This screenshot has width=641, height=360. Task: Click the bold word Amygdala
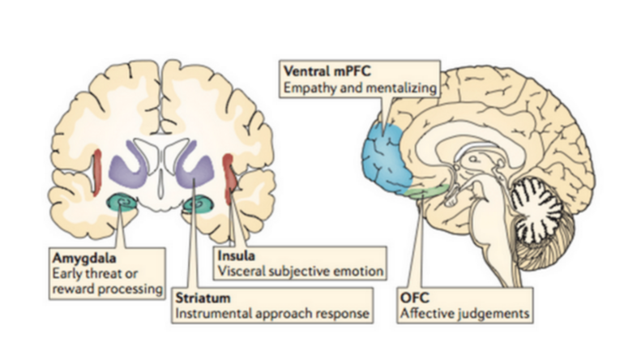79,257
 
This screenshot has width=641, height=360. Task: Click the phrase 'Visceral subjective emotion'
297,272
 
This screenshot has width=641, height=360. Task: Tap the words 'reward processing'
104,288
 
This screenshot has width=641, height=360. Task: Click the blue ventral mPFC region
390,154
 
